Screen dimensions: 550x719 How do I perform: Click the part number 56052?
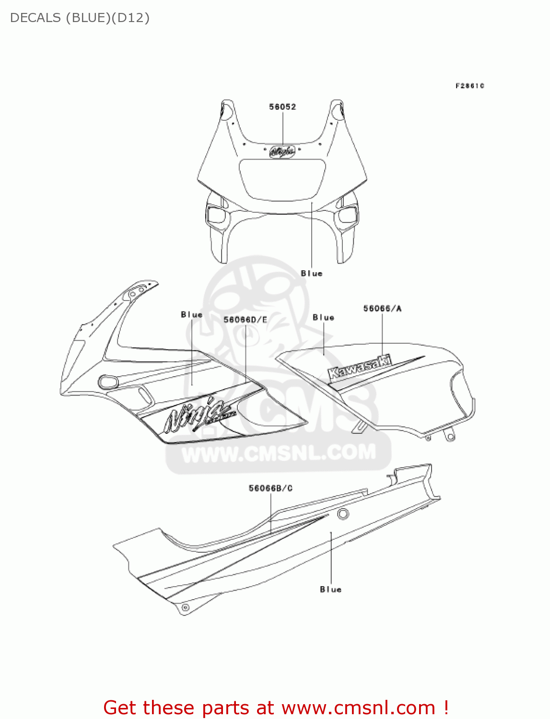coord(282,107)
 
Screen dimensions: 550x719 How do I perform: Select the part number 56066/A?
coord(382,309)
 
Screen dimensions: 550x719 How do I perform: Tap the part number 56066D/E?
coord(246,320)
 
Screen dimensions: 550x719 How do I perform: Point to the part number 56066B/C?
coord(270,488)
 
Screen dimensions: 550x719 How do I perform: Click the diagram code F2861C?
coord(469,86)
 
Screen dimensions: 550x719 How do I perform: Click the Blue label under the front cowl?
coord(312,273)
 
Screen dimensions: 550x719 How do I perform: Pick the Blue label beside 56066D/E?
coord(192,315)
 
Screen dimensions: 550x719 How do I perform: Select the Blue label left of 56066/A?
coord(323,317)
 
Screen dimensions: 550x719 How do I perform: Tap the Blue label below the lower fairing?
coord(331,589)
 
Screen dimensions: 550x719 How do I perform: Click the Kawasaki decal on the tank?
coord(360,367)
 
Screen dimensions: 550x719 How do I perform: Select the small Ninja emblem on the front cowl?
coord(282,151)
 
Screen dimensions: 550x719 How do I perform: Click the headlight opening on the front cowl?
coord(282,178)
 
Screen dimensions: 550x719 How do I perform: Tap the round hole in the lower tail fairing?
coord(343,515)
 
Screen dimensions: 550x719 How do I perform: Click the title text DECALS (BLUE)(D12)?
coord(80,18)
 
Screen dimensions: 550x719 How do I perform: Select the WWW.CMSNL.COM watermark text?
coord(279,453)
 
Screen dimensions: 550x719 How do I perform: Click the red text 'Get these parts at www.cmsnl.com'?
coord(276,707)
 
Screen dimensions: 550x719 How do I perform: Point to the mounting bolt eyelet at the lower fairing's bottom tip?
coord(185,608)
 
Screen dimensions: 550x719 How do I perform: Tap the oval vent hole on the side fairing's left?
coord(108,382)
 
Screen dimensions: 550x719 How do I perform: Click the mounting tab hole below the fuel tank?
coord(450,436)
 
